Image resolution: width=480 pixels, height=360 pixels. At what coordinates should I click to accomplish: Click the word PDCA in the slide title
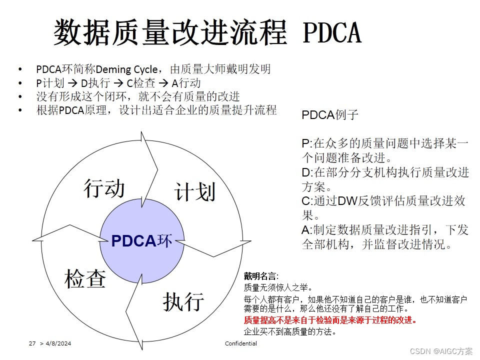pos(332,32)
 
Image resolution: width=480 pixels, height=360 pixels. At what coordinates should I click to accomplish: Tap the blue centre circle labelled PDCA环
pos(141,241)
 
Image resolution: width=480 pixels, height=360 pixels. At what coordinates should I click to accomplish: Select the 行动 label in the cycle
pos(104,188)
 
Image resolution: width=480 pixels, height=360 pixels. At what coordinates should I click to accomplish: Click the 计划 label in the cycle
pos(195,191)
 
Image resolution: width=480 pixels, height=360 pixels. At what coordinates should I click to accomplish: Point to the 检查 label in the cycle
pos(85,279)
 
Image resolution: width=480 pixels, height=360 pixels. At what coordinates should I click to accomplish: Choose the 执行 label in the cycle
pos(183,301)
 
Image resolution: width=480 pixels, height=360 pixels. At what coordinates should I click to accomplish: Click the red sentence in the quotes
pos(330,320)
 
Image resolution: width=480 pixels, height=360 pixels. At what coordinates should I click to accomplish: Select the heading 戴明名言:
pos(261,276)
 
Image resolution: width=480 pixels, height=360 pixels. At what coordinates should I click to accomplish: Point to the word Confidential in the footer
pos(241,343)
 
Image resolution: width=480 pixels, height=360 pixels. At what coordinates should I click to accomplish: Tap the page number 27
pos(32,344)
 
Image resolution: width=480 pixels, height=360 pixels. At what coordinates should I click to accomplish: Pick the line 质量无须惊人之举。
pos(278,287)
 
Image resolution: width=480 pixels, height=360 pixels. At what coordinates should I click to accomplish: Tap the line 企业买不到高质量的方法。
pos(289,331)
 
